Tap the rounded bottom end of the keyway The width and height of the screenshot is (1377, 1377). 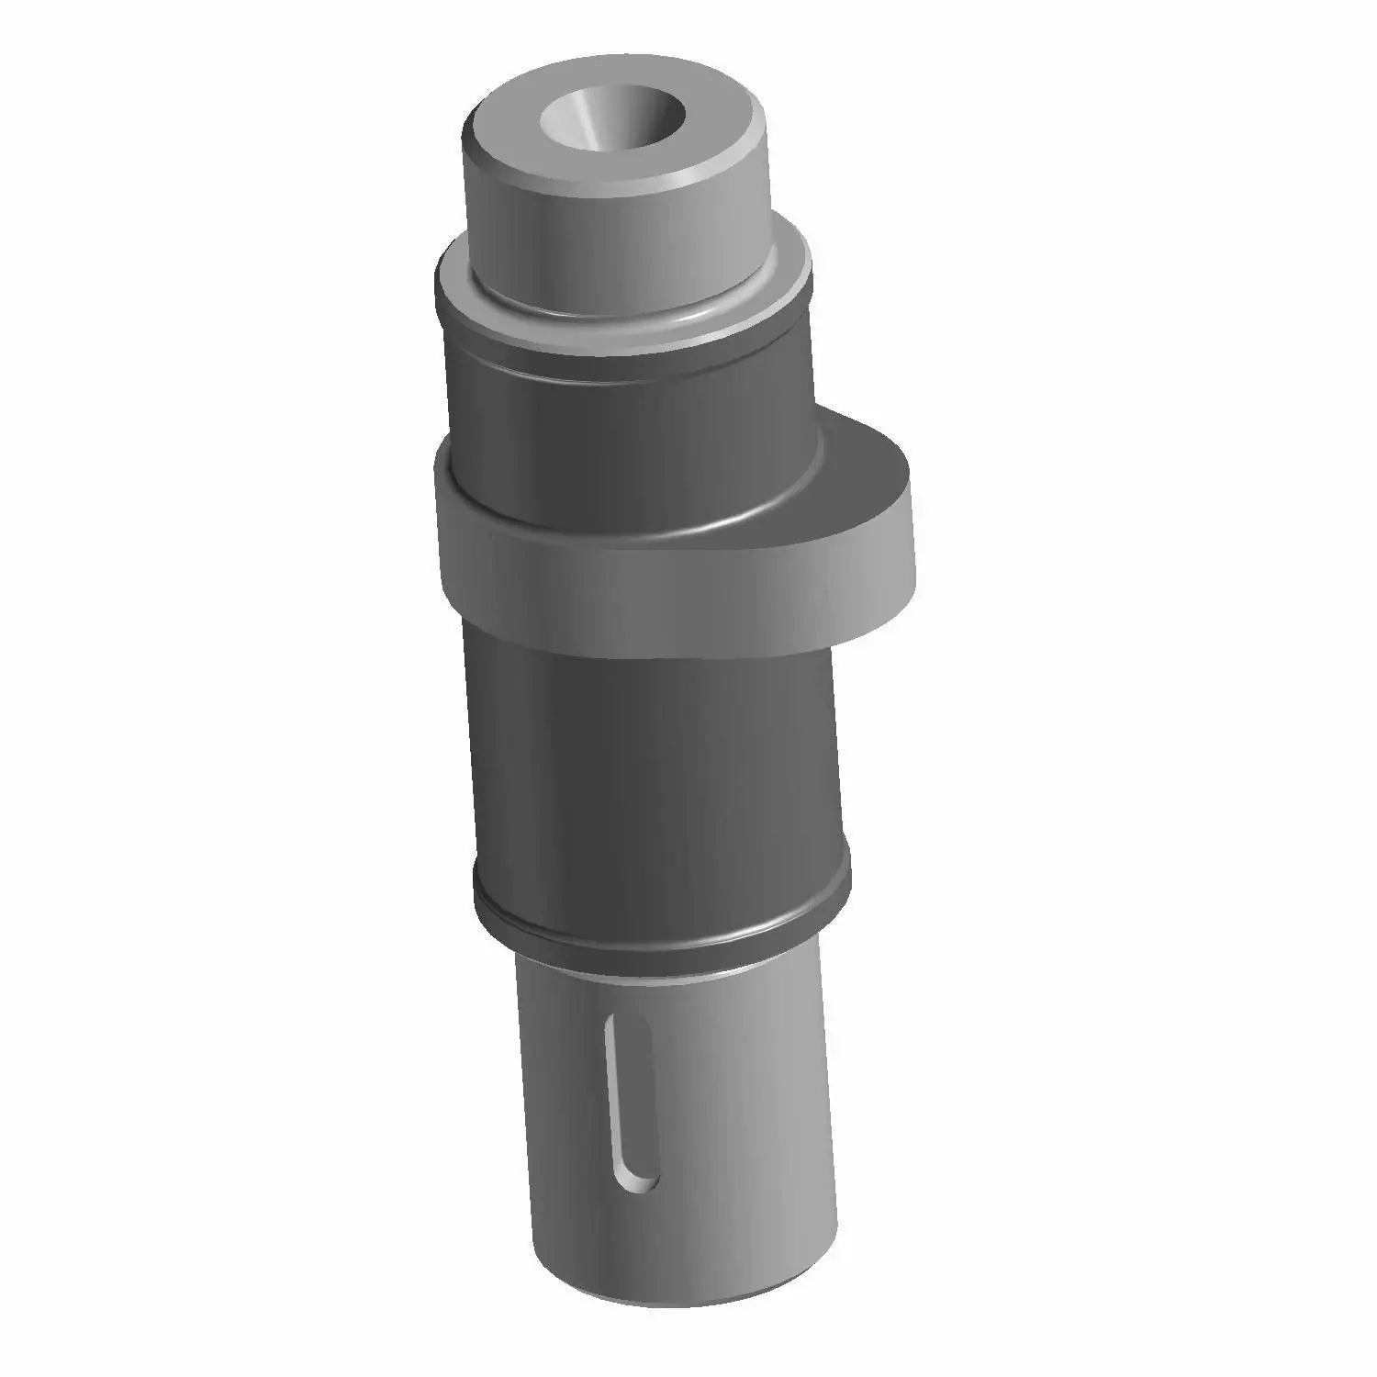coord(638,1180)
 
